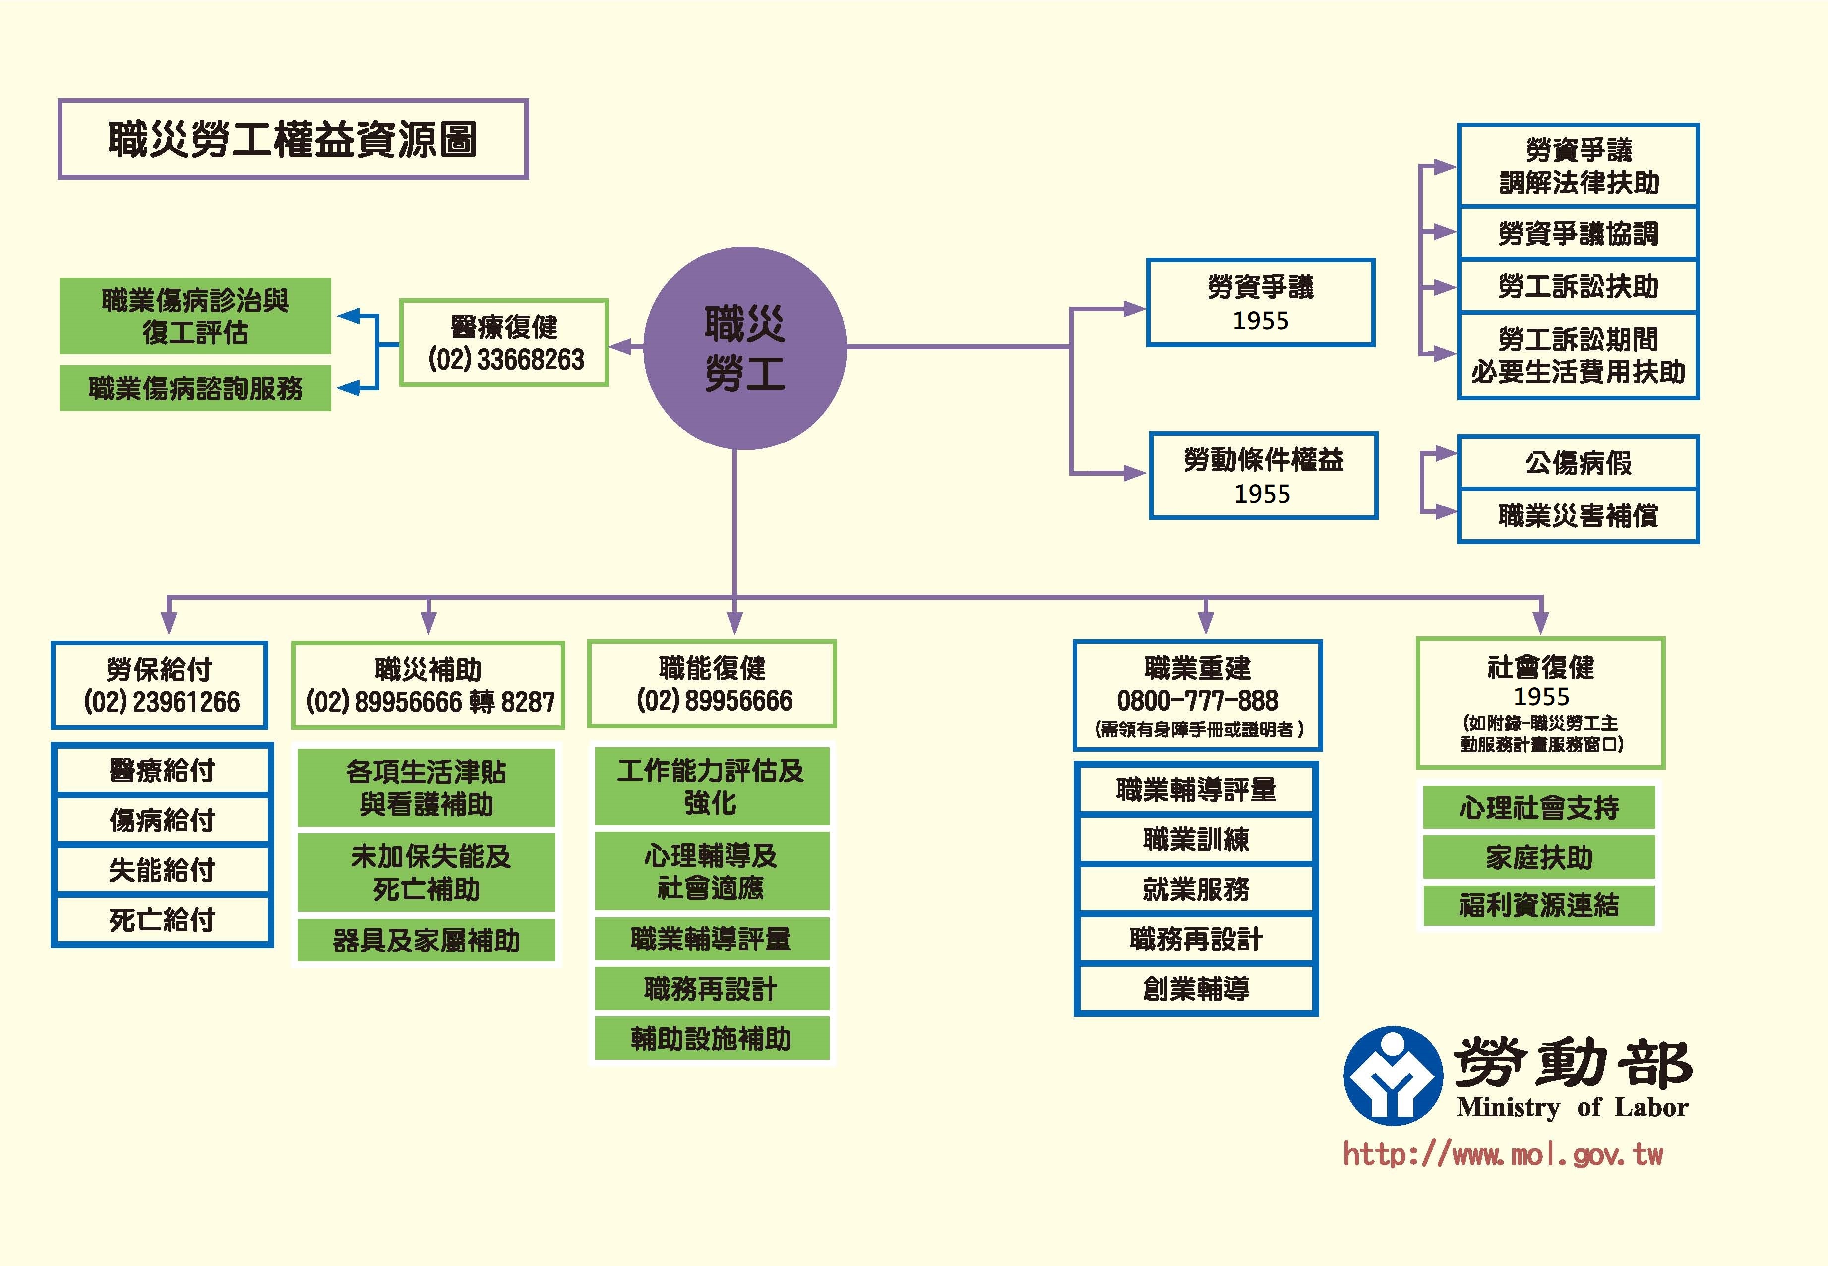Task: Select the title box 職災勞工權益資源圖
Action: tap(293, 139)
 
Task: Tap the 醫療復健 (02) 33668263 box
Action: tap(504, 343)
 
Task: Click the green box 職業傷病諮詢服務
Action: tap(195, 388)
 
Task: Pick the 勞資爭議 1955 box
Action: tap(1260, 302)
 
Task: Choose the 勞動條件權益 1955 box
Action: tap(1263, 476)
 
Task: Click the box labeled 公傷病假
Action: tap(1578, 462)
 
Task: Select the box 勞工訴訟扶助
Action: tap(1578, 286)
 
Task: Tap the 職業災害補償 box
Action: tap(1578, 515)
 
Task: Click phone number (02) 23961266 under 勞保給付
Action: tap(161, 702)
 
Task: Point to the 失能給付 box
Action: tap(162, 870)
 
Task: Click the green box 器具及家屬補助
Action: tap(426, 941)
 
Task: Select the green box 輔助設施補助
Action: tap(711, 1038)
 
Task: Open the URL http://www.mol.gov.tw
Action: tap(1503, 1154)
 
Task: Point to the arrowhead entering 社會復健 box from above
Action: tap(1540, 624)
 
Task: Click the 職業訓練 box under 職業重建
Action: tap(1196, 839)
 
